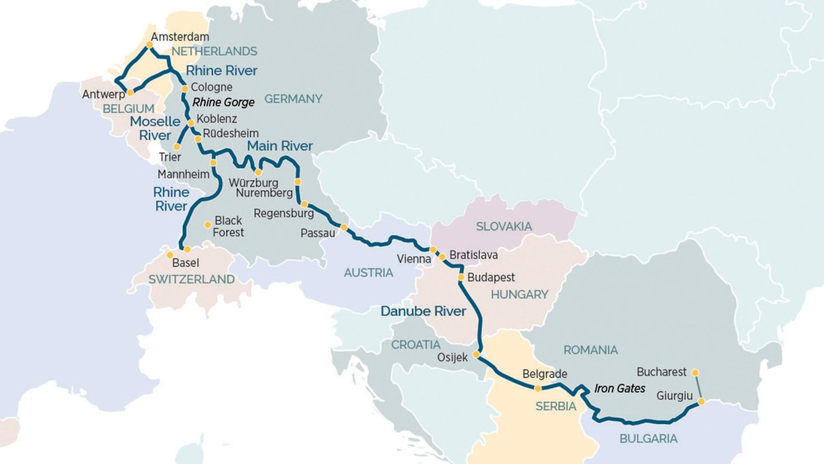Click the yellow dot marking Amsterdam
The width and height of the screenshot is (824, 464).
click(149, 44)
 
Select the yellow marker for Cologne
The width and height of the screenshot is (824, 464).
click(184, 89)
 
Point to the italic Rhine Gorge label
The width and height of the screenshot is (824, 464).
click(224, 103)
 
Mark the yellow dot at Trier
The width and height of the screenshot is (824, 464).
click(177, 147)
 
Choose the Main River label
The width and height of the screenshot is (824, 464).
click(280, 146)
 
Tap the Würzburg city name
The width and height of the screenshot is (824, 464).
click(253, 183)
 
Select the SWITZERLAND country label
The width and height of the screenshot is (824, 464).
click(192, 280)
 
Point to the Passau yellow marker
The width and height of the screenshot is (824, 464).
click(344, 227)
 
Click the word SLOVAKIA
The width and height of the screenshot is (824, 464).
click(504, 226)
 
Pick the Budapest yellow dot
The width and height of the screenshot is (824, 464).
click(461, 278)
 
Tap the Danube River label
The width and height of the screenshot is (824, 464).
click(423, 312)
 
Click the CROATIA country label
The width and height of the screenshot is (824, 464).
click(416, 345)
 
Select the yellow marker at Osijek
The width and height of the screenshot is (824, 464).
click(476, 355)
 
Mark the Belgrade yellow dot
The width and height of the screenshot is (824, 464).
click(538, 388)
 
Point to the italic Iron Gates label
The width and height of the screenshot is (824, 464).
click(620, 388)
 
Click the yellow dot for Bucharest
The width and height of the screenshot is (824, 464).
click(695, 372)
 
